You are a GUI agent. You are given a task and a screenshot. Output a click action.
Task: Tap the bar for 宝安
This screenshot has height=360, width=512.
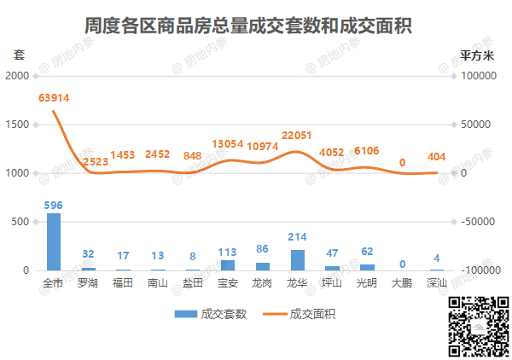tap(228, 265)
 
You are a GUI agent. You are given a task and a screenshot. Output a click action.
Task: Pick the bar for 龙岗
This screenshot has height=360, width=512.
tap(263, 266)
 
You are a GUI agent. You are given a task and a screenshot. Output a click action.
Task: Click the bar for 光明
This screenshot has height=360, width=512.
tap(367, 267)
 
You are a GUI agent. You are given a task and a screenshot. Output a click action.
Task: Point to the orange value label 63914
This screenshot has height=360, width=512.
tap(54, 98)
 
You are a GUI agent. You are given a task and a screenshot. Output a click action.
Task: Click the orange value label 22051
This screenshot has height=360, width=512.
tap(298, 136)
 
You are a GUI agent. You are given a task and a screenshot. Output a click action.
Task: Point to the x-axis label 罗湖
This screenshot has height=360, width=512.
tap(88, 282)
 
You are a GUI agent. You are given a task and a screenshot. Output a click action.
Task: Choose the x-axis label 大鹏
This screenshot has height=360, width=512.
tap(402, 282)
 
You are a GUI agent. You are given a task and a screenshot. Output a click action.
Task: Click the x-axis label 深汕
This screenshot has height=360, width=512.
tap(437, 282)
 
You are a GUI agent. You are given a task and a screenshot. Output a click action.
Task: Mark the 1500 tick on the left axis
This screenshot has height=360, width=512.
tap(17, 125)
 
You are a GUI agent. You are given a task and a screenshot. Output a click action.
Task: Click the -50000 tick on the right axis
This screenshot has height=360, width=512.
tap(480, 222)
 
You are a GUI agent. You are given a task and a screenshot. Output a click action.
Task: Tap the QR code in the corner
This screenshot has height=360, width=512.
tap(479, 326)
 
